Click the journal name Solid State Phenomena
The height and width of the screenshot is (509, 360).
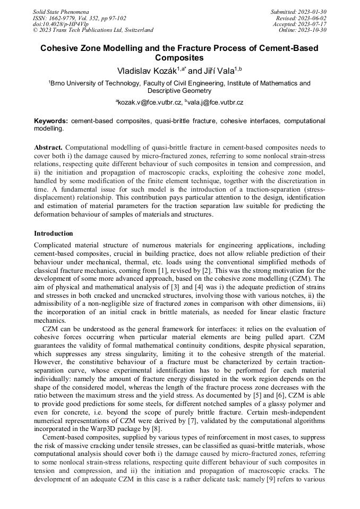point(61,11)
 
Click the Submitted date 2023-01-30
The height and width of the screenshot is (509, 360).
point(312,11)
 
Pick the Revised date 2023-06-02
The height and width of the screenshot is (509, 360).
point(312,18)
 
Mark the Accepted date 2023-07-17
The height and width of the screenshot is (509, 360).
point(312,24)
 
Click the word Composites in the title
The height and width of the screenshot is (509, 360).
point(179,57)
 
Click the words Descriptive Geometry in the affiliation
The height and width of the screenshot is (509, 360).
point(179,91)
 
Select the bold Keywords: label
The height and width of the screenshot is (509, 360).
point(51,121)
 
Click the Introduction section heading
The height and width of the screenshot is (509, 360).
point(54,233)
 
